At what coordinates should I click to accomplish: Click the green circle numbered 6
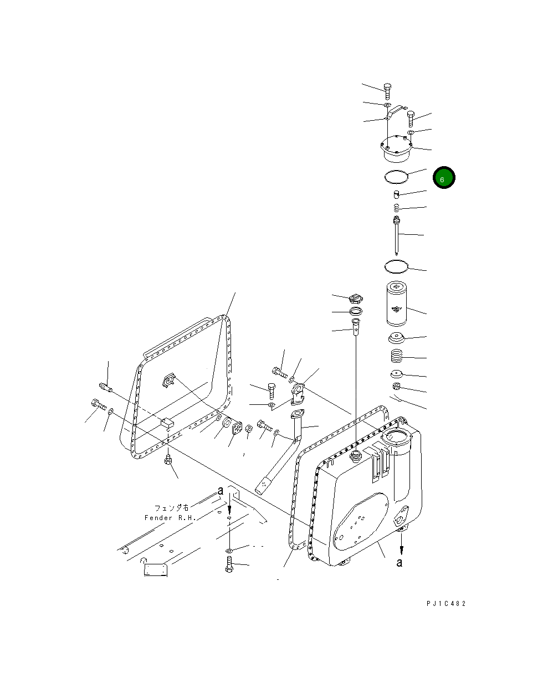(x=444, y=178)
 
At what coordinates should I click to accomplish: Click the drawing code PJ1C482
(x=445, y=604)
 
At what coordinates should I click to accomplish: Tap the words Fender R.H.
(x=170, y=518)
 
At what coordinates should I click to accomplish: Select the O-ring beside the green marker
(x=396, y=177)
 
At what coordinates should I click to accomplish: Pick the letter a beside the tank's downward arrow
(x=399, y=563)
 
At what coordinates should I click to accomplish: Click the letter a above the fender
(x=221, y=491)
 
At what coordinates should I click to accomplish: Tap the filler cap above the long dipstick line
(x=356, y=299)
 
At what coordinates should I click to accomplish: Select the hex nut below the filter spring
(x=397, y=387)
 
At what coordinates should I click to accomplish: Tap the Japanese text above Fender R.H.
(x=172, y=507)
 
